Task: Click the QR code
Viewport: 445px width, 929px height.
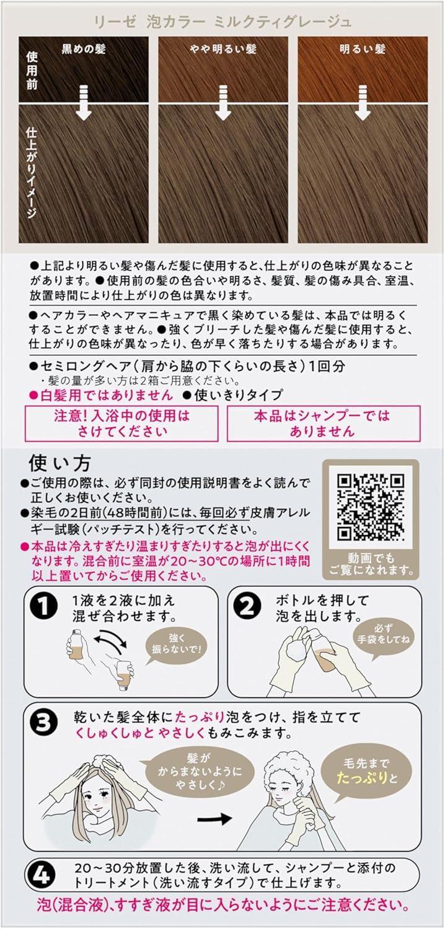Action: (371, 507)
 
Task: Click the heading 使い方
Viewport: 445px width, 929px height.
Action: (59, 463)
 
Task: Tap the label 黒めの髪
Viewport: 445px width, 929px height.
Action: (84, 49)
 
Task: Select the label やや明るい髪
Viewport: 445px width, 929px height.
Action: (223, 49)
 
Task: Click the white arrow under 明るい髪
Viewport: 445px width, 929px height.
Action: (363, 102)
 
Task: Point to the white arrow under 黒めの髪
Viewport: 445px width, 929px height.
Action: (84, 102)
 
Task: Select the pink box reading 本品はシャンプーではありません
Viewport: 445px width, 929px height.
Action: (324, 424)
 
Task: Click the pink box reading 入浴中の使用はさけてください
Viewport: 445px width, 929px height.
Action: (121, 424)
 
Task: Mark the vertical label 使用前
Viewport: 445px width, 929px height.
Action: (32, 71)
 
